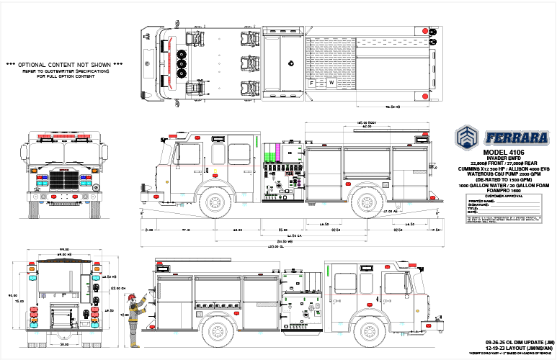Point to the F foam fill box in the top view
tap(311, 83)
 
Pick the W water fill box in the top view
tap(331, 83)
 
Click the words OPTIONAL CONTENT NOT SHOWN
tap(65, 65)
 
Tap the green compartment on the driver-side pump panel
tap(272, 153)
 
